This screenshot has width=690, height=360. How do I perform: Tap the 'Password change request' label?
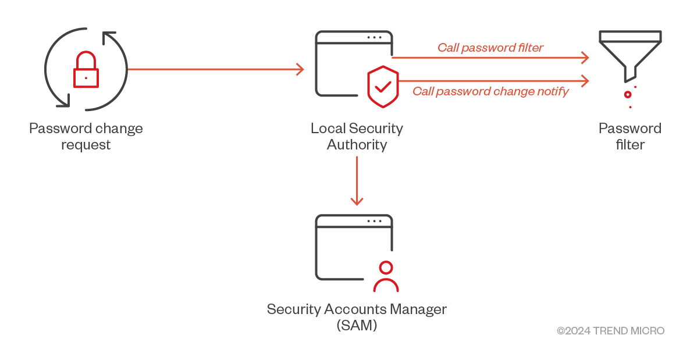(86, 136)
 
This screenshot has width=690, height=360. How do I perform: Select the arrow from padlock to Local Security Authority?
(215, 69)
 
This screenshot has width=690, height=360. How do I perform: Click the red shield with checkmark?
(383, 87)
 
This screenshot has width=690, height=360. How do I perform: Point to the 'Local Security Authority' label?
(357, 136)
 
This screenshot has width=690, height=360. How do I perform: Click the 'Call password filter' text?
(490, 48)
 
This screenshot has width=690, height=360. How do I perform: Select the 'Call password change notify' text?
(490, 91)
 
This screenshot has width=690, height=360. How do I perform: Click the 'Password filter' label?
(630, 136)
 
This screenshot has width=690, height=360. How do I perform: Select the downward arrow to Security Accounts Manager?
(357, 181)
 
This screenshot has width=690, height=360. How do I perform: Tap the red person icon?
(385, 277)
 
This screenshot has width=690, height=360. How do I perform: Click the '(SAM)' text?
(357, 326)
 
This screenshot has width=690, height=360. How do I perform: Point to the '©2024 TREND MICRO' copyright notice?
(610, 331)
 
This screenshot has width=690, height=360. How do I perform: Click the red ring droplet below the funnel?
(628, 94)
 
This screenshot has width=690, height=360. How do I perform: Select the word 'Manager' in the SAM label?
(418, 309)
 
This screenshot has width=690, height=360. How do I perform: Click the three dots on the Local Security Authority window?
(374, 37)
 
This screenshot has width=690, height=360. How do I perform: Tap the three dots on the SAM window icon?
(374, 221)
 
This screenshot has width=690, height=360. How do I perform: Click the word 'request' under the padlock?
(86, 144)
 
